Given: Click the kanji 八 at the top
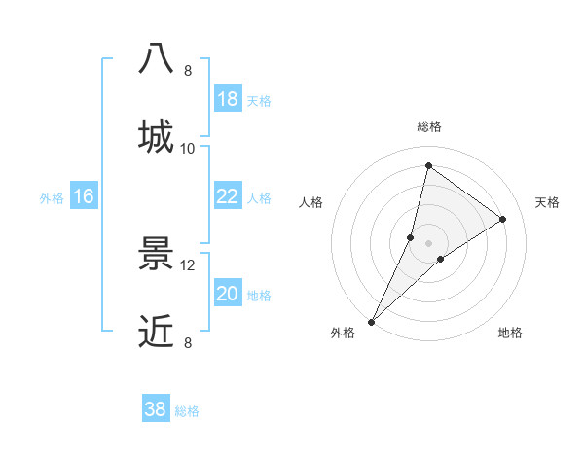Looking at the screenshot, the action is point(156,59).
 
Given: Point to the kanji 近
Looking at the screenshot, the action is point(156,332).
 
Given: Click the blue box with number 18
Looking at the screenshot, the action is point(228,99).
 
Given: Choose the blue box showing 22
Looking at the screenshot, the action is point(228,196).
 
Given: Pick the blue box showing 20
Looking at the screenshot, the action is point(228,294).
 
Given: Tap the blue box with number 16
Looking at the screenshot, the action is point(84,196).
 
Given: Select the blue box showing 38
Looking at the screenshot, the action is point(156,409).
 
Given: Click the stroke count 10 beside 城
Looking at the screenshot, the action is point(188,148).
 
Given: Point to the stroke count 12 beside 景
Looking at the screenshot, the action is point(188,264).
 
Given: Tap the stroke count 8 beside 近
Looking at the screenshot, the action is point(188,342).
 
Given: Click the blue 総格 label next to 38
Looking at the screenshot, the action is point(187,411).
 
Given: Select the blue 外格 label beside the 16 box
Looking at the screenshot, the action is point(52,198).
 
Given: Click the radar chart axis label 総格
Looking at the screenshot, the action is point(429,126).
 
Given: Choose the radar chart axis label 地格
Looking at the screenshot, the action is point(510,334).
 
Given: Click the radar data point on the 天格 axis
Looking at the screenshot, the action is point(503,219).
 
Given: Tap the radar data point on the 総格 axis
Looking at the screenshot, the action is point(428,165).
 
